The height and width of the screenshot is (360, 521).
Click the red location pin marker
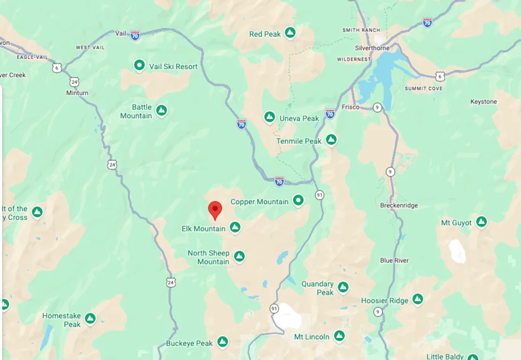[x=215, y=209]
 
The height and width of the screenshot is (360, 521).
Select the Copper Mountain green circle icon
[x=298, y=201]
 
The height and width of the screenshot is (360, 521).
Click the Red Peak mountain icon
[x=290, y=34]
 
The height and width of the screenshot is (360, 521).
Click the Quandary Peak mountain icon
[x=343, y=287]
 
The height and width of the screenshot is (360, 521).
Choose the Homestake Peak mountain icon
[x=90, y=319]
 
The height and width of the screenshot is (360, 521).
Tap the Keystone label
[x=484, y=102]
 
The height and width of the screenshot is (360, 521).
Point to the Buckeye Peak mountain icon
[x=222, y=342]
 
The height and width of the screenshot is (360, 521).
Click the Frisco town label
[x=351, y=107]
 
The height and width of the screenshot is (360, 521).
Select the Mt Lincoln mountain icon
[x=339, y=336]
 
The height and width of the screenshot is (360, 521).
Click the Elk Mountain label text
[x=203, y=229]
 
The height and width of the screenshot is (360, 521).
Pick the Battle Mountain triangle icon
[x=161, y=111]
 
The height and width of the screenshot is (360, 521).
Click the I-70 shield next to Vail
[x=135, y=35]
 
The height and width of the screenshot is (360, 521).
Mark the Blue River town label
[x=395, y=261]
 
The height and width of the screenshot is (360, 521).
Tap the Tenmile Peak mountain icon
[x=331, y=140]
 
